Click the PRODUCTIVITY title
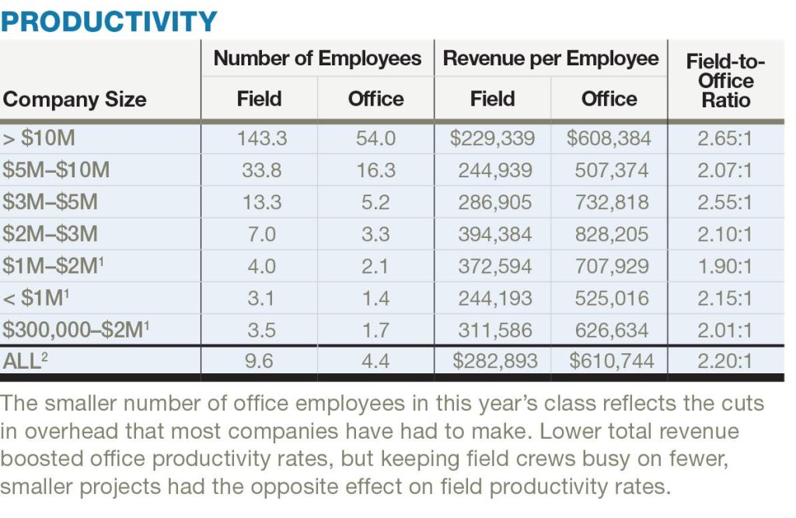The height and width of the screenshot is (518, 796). [109, 20]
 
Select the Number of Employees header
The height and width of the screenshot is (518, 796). [317, 58]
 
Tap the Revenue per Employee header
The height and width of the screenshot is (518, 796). [550, 58]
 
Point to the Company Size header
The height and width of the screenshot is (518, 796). [75, 100]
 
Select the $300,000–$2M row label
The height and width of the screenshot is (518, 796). [76, 330]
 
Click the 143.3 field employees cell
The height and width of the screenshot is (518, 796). [262, 138]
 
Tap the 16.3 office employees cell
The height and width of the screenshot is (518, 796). [375, 170]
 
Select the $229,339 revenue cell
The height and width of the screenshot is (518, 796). [492, 138]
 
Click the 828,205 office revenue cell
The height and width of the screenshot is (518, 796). [611, 234]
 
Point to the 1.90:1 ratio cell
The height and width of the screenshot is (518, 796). [724, 266]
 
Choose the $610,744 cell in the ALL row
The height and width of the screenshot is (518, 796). [611, 361]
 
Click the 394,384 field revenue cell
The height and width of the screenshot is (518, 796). [494, 234]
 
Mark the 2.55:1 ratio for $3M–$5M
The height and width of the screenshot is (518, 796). [724, 202]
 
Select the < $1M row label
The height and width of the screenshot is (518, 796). [37, 298]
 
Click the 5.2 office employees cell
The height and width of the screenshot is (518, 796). [375, 202]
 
